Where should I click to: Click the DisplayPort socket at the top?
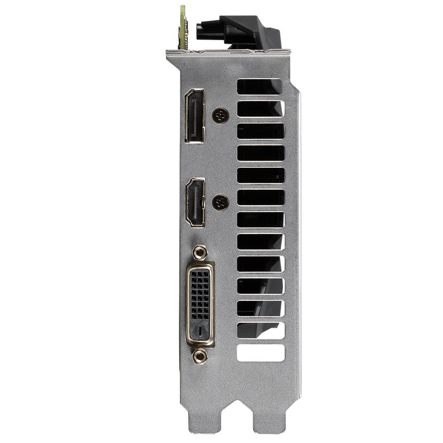[194, 116]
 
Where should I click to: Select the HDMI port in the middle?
[196, 202]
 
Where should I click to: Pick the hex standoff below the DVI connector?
[198, 356]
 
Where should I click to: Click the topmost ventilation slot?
[261, 87]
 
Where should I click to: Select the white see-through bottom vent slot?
[261, 353]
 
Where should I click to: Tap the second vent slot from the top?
[261, 108]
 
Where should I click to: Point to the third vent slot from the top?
[261, 131]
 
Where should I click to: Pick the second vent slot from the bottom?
[261, 330]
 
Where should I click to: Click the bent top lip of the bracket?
[229, 53]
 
